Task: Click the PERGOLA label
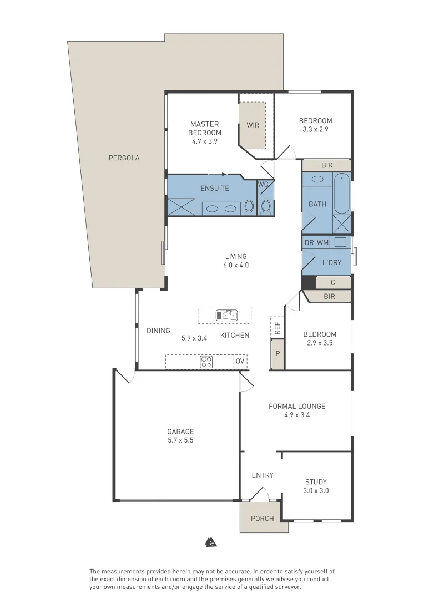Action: tap(124, 158)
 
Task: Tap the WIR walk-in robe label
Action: tap(253, 125)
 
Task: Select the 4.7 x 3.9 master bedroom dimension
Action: tap(204, 141)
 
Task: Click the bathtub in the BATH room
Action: tap(342, 194)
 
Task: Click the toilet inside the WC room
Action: tap(266, 206)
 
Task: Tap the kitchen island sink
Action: tap(226, 316)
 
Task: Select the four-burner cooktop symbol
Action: tap(206, 362)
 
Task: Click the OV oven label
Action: tap(239, 362)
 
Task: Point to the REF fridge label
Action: tap(277, 327)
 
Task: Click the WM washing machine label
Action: tap(322, 243)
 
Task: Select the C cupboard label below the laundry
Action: tap(332, 282)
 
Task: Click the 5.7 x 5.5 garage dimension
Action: tap(180, 440)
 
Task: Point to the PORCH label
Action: tap(263, 519)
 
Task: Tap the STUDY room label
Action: tap(316, 482)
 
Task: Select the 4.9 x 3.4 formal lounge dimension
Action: tap(297, 415)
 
